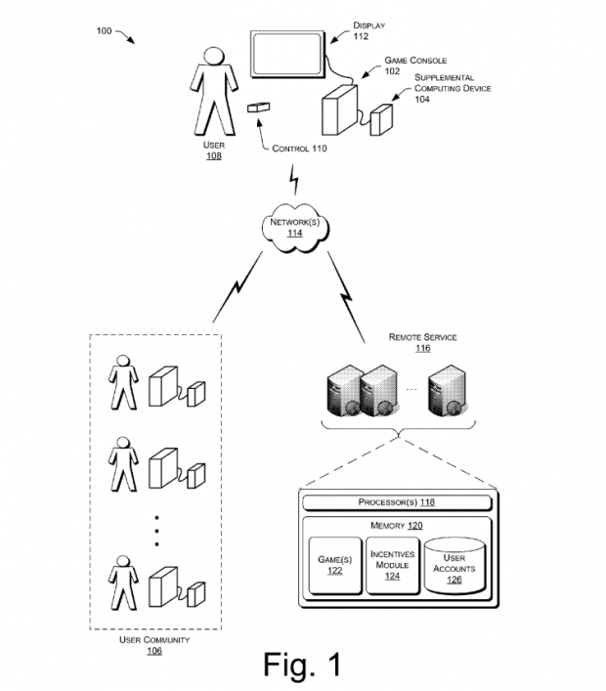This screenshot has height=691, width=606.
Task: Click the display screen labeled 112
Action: (x=287, y=56)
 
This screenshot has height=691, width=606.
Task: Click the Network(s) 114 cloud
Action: (x=294, y=227)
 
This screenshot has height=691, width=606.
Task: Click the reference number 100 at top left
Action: (x=104, y=31)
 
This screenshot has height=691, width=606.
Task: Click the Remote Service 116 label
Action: (x=422, y=342)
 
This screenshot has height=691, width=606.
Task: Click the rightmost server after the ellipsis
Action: (x=446, y=389)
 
